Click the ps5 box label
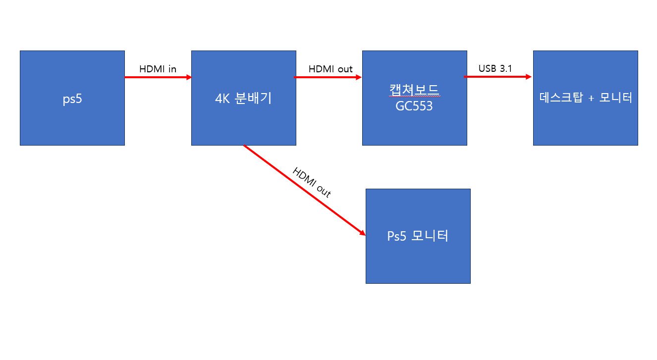pos(72,99)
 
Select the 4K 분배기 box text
pos(243,98)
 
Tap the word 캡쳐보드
pos(414,90)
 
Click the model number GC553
pos(414,106)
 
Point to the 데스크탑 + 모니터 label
pos(586,98)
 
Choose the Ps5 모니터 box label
pos(418,236)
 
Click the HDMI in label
pos(158,69)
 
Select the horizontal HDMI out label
pos(330,69)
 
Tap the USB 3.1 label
pos(495,68)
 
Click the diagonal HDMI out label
pos(312,182)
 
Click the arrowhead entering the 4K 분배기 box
pos(189,77)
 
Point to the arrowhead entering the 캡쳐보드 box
pos(359,77)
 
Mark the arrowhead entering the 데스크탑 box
pos(529,77)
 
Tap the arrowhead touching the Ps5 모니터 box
pos(363,233)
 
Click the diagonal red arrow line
pos(304,190)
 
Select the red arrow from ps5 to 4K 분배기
pos(158,77)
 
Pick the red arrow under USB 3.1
pos(498,77)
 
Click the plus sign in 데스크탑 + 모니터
pos(591,98)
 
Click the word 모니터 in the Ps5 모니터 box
pos(430,236)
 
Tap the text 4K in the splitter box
pos(222,99)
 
